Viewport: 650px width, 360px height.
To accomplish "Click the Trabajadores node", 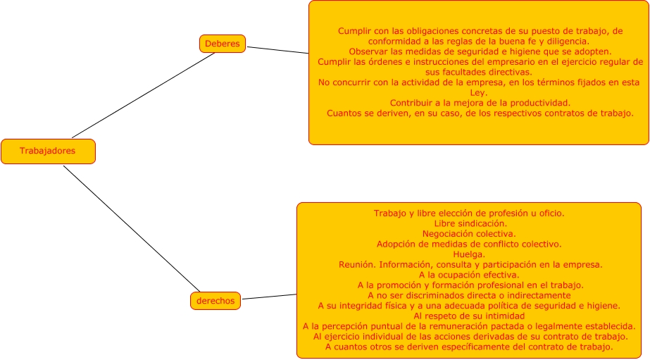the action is [47, 151].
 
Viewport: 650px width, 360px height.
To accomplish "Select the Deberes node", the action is [222, 44].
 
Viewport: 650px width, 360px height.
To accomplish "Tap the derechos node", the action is [215, 301].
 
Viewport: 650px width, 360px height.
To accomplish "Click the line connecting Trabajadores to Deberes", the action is [144, 95].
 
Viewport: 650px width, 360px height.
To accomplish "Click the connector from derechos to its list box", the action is [269, 297].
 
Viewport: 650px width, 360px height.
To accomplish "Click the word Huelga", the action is [468, 254].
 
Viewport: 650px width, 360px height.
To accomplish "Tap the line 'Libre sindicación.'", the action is [469, 223].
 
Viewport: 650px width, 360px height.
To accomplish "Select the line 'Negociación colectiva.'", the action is [469, 234].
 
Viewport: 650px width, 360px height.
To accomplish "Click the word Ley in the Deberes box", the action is [478, 92].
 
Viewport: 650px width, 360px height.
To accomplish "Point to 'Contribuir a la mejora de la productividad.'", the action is [480, 103].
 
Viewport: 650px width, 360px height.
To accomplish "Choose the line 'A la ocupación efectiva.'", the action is [469, 275].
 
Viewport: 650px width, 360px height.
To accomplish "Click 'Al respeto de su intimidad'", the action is [469, 316].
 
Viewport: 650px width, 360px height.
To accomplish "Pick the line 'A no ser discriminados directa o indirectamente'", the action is [469, 295].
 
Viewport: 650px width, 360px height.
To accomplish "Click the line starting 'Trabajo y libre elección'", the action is [469, 213].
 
